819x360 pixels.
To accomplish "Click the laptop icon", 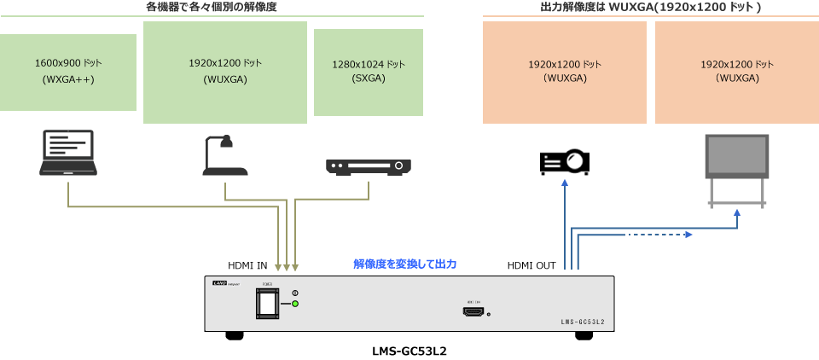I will (68, 154).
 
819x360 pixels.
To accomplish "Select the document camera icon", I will (224, 156).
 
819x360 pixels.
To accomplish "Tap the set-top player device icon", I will (368, 165).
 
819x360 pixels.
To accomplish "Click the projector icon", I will (564, 161).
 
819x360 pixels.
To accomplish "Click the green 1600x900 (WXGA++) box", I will (68, 72).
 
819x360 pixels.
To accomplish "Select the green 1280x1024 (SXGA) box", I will (368, 72).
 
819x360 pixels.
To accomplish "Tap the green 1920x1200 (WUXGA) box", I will (225, 72).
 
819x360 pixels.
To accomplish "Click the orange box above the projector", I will (564, 72).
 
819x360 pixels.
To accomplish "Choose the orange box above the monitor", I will (737, 72).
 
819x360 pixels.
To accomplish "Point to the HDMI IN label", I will (247, 265).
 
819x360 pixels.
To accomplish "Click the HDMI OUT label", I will (531, 265).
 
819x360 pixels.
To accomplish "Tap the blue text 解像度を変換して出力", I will (405, 264).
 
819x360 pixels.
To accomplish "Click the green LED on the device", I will (295, 304).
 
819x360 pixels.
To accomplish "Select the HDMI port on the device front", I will (473, 312).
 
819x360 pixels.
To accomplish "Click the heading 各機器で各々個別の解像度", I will (212, 7).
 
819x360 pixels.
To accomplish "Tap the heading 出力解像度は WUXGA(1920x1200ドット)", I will (651, 7).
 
